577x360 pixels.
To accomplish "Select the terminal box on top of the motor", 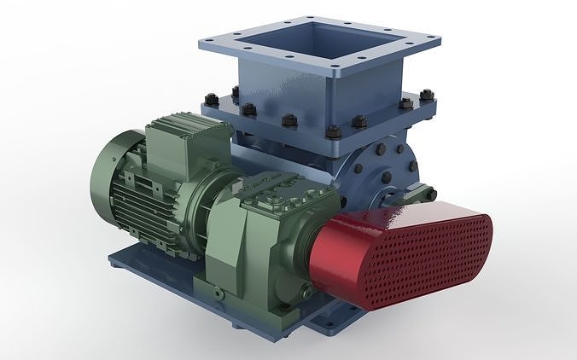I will (183, 140).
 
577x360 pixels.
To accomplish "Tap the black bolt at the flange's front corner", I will (333, 131).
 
